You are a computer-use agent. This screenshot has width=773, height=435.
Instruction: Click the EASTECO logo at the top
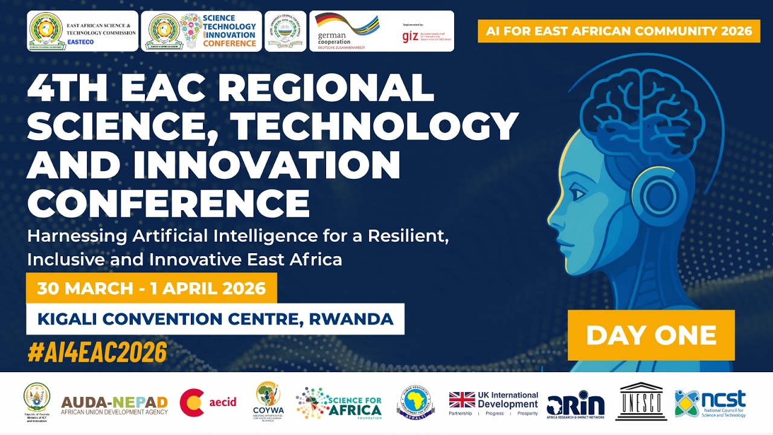(83, 31)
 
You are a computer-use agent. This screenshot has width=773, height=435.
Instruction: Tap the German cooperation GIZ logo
(382, 31)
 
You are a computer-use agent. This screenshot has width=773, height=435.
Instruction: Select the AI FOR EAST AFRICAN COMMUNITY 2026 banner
(619, 31)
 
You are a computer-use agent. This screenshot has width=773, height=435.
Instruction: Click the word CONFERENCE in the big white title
(168, 202)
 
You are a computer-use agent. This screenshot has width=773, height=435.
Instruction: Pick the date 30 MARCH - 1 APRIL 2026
(152, 288)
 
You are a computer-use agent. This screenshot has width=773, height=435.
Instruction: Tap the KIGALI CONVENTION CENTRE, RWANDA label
(215, 318)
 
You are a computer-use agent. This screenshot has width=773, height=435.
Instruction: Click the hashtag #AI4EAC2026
(97, 352)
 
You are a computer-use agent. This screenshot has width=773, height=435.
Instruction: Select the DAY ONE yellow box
(651, 335)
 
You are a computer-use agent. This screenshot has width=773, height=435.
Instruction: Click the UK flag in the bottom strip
(462, 400)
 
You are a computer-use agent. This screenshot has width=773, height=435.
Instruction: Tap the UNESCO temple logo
(641, 402)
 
